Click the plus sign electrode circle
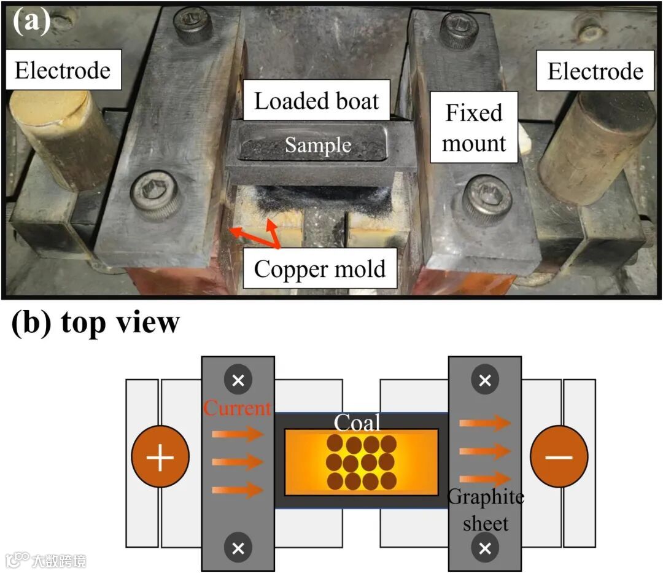click(160, 458)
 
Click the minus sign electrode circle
click(559, 458)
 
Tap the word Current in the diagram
click(237, 408)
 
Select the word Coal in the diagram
click(357, 423)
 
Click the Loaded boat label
click(316, 101)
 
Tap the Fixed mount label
click(473, 128)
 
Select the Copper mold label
click(319, 269)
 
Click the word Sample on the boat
click(318, 146)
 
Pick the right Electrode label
click(595, 71)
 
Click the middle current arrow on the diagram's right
click(485, 451)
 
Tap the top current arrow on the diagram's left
click(237, 435)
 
